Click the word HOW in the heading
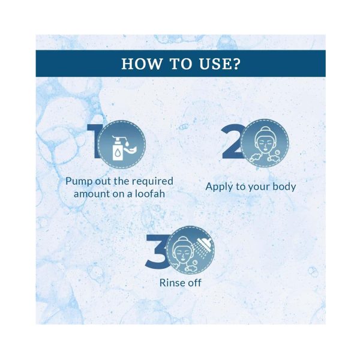tap(141, 64)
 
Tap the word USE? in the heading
tap(220, 64)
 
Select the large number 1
tap(93, 141)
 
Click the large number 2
tap(231, 141)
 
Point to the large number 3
tap(156, 251)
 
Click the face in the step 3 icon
tap(182, 252)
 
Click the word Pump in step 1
tap(79, 181)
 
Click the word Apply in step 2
tap(219, 187)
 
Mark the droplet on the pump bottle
tap(118, 153)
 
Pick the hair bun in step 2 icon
tap(265, 129)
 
